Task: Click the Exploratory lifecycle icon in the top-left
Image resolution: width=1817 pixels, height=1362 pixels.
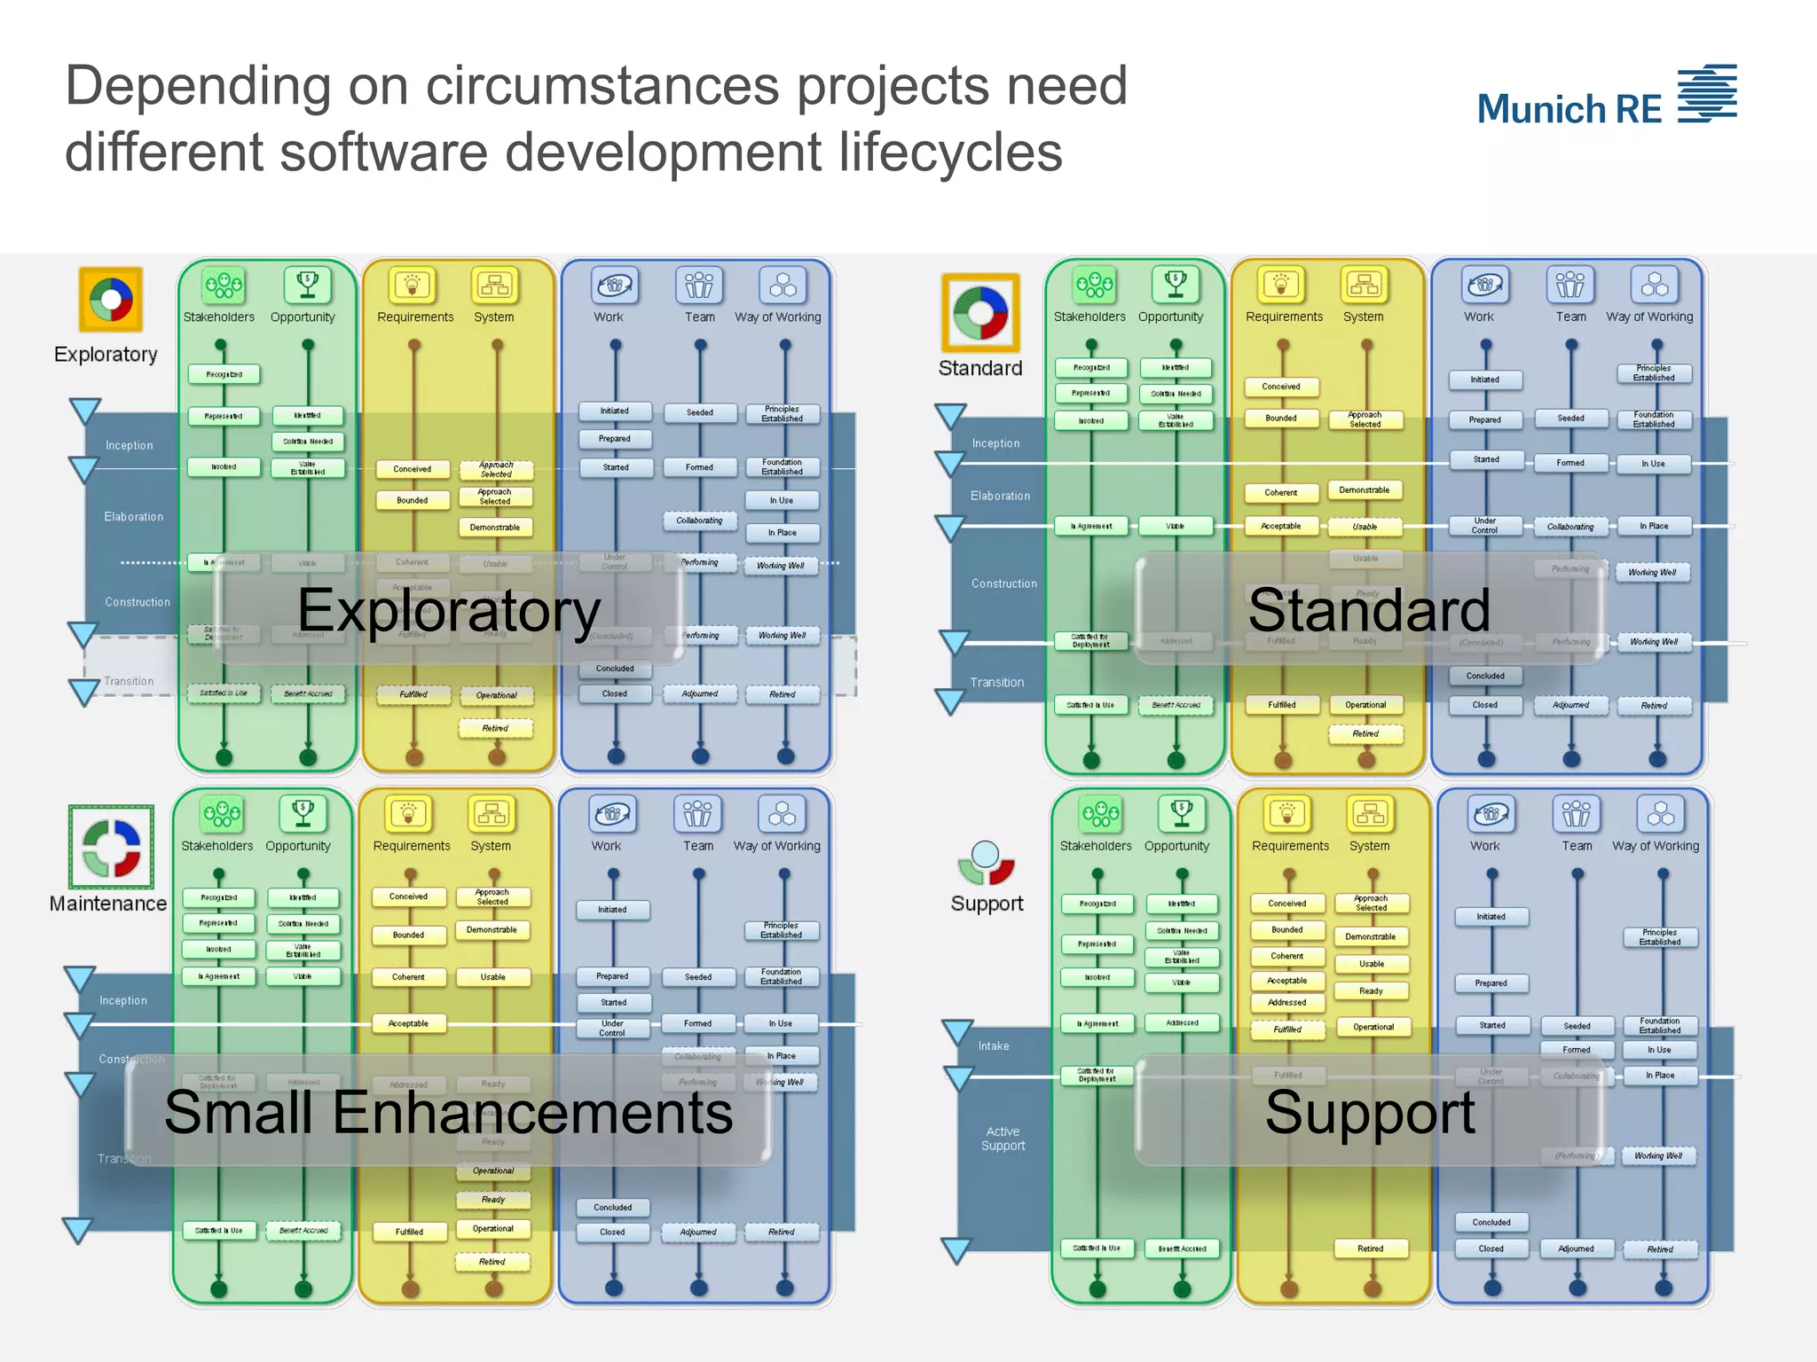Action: [x=111, y=299]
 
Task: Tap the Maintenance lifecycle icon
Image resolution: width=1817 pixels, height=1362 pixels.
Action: [x=111, y=847]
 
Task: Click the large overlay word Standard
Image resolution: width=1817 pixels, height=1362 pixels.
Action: [x=1369, y=610]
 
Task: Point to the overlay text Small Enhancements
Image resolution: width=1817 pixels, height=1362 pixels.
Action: [x=448, y=1113]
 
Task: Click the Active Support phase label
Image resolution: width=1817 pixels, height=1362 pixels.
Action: [x=1003, y=1139]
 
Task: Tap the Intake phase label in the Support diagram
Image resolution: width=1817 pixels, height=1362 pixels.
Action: [x=994, y=1046]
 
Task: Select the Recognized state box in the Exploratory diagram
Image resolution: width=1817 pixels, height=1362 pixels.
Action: [x=224, y=374]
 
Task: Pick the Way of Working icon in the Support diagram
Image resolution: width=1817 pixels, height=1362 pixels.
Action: [x=1661, y=814]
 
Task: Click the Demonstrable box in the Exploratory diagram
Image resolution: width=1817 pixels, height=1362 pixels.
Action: [x=495, y=528]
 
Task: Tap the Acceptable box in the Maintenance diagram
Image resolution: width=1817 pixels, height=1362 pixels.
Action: [x=408, y=1024]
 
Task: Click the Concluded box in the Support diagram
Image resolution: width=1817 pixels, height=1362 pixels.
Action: [x=1491, y=1223]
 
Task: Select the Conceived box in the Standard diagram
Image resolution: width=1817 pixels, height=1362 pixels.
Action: [x=1281, y=387]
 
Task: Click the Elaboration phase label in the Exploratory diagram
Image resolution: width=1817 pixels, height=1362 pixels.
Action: [x=133, y=517]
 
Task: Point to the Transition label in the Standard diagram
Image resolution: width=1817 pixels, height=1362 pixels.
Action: [x=996, y=683]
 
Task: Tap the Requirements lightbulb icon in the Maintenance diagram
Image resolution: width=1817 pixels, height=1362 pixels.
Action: [x=409, y=813]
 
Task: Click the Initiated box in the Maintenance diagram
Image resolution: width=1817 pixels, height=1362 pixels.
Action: [x=612, y=910]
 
